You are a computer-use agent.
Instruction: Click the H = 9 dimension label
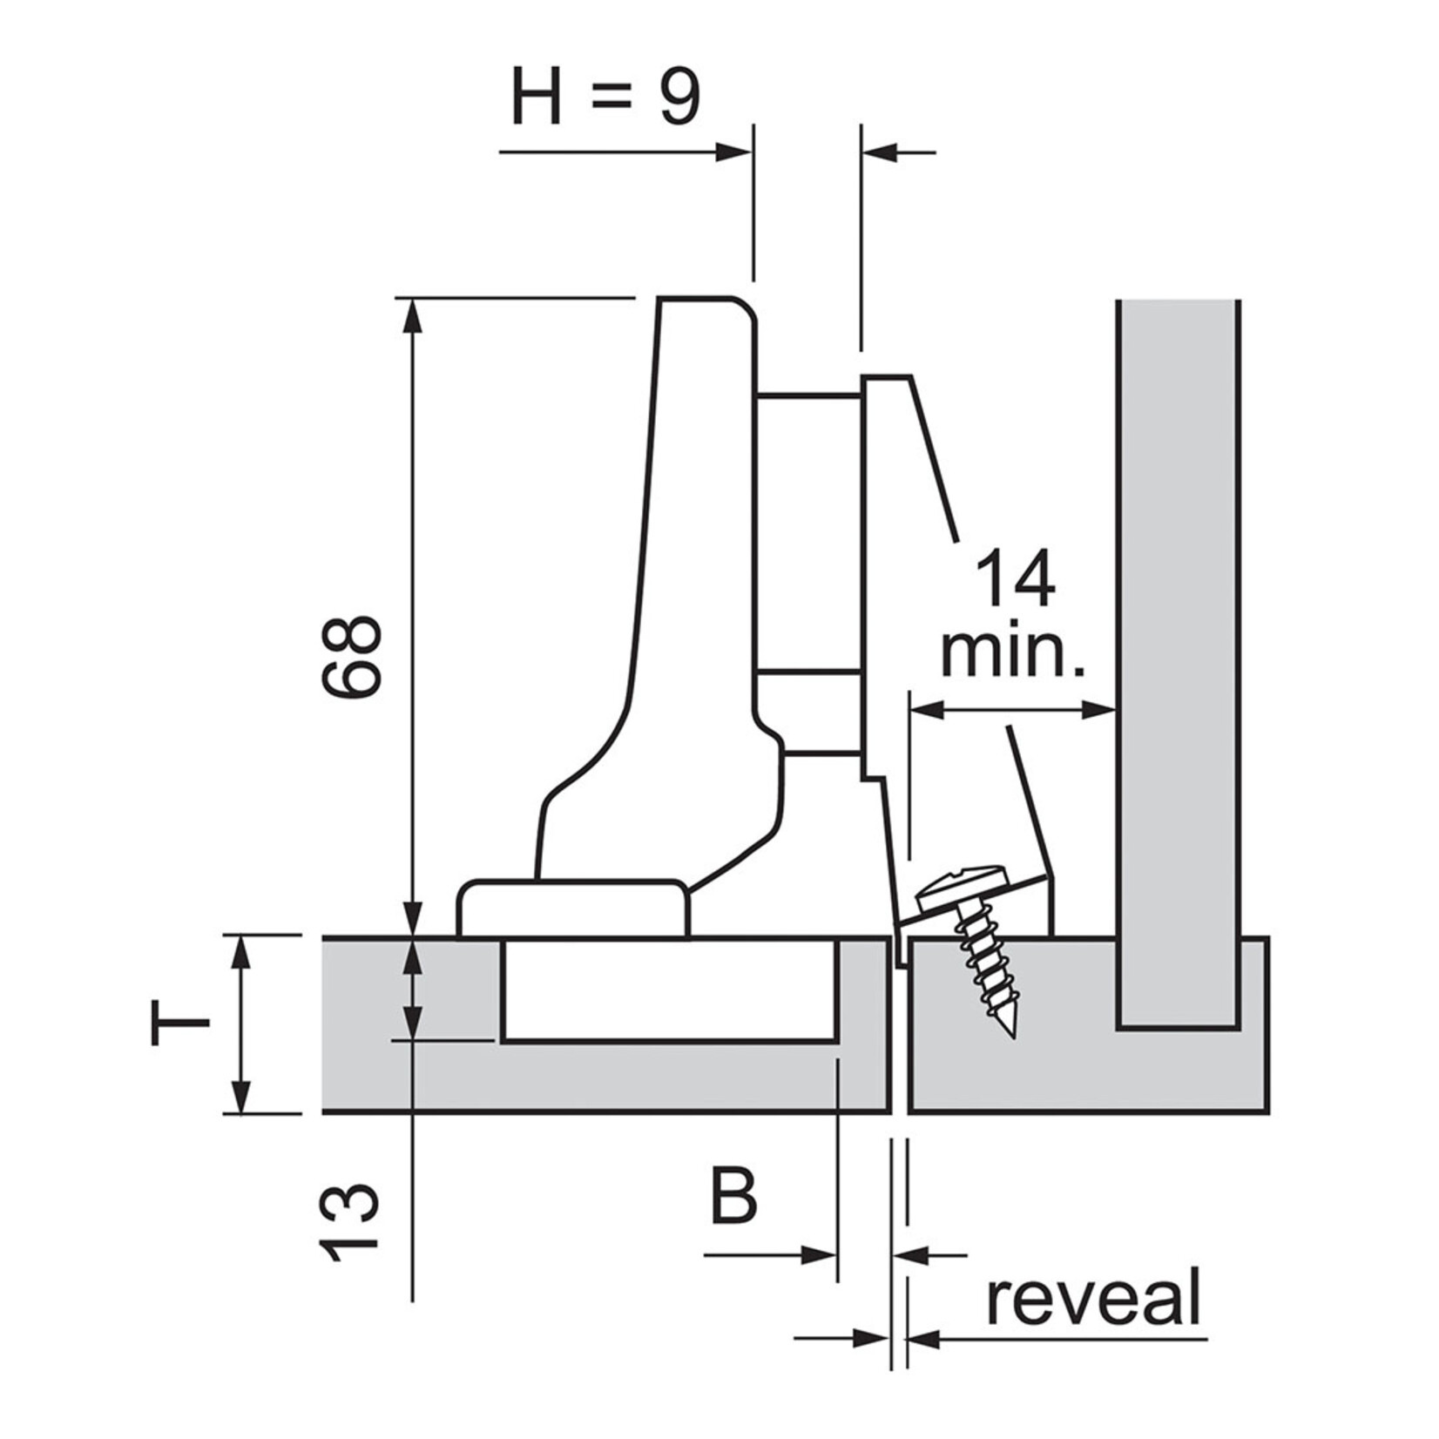(x=605, y=98)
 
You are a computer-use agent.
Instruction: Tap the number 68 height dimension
(x=350, y=657)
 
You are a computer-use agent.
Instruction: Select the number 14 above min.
(x=1014, y=579)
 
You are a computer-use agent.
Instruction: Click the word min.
(x=1014, y=653)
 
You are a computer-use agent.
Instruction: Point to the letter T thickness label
(x=180, y=1024)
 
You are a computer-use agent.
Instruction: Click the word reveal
(x=1094, y=1299)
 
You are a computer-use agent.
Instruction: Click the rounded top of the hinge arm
(x=706, y=305)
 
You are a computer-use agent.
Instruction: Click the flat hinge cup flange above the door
(x=572, y=910)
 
